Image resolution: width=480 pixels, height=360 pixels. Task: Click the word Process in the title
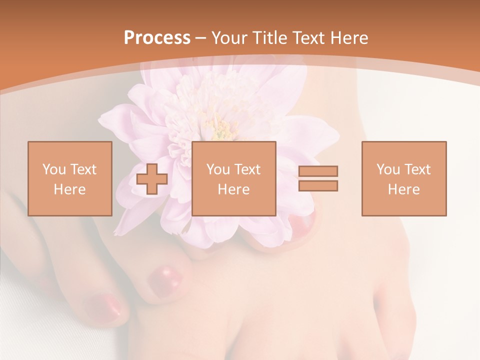coord(157,38)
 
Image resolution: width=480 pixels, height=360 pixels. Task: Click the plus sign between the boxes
coord(152,179)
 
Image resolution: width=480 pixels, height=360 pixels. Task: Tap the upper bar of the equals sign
coord(318,171)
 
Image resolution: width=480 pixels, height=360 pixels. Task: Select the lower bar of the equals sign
coord(318,186)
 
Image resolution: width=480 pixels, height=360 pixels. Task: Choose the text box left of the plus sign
coord(70,178)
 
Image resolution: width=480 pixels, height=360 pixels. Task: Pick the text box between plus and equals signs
coord(234,178)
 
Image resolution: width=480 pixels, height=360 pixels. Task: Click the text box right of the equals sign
coord(404,178)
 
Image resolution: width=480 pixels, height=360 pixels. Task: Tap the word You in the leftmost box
coord(53,169)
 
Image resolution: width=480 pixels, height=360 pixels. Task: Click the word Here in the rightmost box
coord(404,189)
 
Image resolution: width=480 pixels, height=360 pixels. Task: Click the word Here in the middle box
coord(234,189)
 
